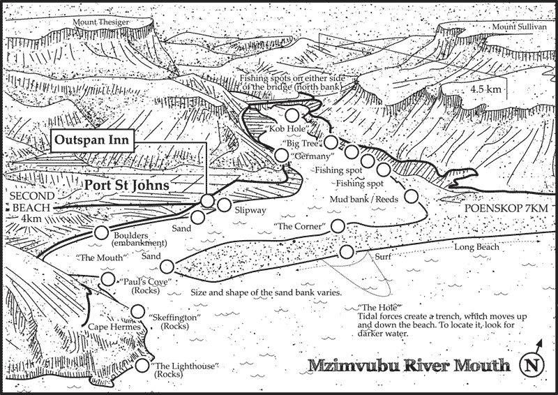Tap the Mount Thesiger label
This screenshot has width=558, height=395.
coord(98,20)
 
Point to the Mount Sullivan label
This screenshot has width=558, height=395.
coord(517,27)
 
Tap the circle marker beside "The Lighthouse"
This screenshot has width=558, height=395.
coord(144,365)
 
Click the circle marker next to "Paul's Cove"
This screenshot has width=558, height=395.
coord(107,280)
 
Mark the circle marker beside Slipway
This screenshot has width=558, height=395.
coord(224,204)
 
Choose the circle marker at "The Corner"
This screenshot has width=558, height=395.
coord(338,225)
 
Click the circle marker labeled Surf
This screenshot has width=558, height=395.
coord(346,252)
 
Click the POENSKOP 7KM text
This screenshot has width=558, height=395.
coord(510,209)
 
